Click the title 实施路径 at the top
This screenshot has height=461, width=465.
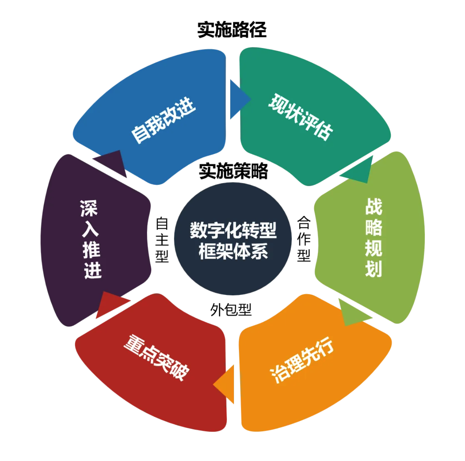pyautogui.click(x=232, y=30)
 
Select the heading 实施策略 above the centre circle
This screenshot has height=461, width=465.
pyautogui.click(x=233, y=171)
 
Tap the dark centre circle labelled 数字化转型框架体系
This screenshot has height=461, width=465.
pyautogui.click(x=233, y=240)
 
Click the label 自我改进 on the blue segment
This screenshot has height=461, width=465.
pyautogui.click(x=163, y=120)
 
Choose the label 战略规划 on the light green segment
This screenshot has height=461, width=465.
pyautogui.click(x=373, y=238)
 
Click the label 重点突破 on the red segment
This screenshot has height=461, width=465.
pyautogui.click(x=157, y=357)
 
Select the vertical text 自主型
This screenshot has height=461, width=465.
pyautogui.click(x=162, y=239)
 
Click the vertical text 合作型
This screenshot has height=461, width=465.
pyautogui.click(x=304, y=239)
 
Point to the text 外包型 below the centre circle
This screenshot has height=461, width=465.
pyautogui.click(x=231, y=310)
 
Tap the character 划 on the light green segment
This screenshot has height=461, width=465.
pyautogui.click(x=373, y=269)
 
